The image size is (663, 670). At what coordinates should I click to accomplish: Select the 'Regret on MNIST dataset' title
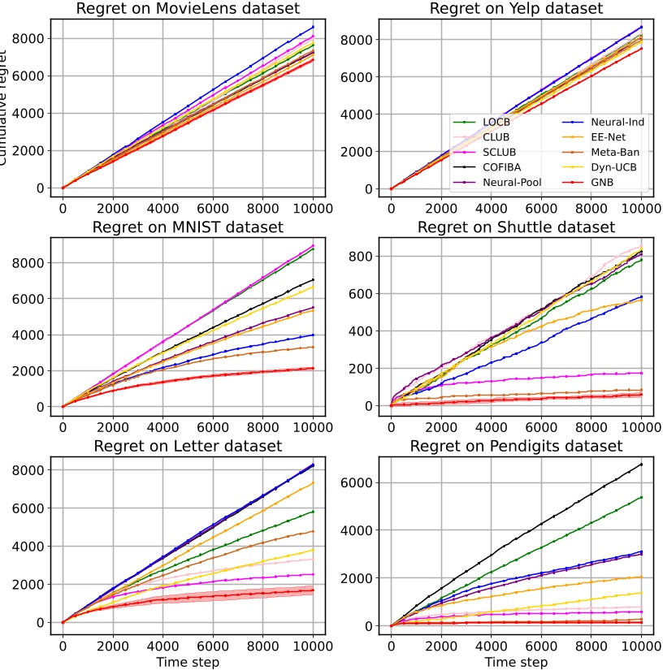[x=188, y=226]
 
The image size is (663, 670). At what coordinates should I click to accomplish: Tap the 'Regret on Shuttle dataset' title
[x=516, y=226]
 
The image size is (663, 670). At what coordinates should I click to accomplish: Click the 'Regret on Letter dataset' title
[x=188, y=445]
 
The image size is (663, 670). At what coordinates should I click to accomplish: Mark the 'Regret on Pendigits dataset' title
[x=516, y=445]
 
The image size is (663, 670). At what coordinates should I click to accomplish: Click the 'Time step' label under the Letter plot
[x=188, y=662]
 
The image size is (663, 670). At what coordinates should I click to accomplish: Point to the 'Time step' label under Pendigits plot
[x=516, y=662]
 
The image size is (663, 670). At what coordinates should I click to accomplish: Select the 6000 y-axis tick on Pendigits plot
[x=360, y=482]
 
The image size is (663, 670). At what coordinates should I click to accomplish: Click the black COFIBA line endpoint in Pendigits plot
[x=641, y=465]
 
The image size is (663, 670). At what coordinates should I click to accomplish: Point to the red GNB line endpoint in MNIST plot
[x=313, y=368]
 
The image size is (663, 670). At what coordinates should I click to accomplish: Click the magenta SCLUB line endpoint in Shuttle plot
[x=641, y=373]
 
